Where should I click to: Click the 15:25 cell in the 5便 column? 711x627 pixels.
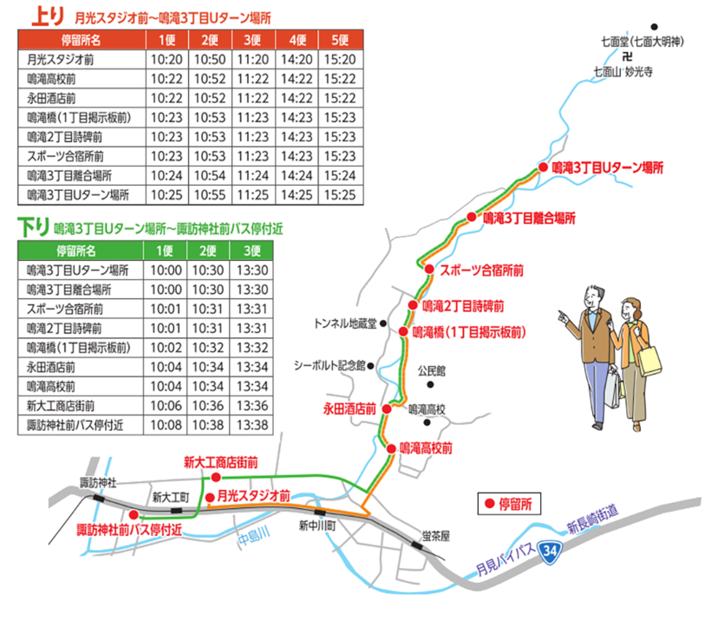point(339,194)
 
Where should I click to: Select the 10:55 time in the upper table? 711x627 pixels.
point(209,194)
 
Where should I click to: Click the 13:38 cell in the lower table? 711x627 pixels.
point(252,425)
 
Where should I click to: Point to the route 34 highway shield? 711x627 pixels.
point(548,551)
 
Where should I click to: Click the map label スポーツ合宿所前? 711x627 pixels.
point(482,270)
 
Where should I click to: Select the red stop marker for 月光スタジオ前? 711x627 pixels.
point(209,497)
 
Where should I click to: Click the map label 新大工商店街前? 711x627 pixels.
point(221,462)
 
